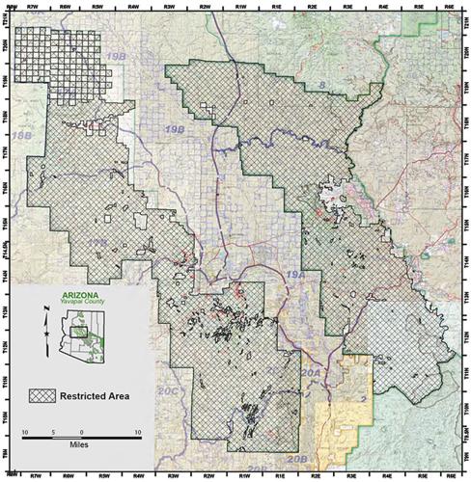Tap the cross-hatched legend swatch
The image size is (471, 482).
tap(43, 394)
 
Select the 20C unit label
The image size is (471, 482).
tap(169, 393)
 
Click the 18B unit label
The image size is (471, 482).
tap(20, 139)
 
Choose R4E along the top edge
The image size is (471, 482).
tap(384, 6)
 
